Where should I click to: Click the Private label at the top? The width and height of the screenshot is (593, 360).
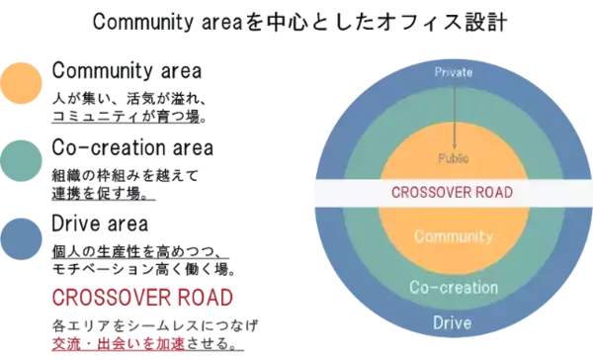pos(455,71)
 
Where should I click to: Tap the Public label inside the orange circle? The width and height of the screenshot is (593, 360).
pos(455,157)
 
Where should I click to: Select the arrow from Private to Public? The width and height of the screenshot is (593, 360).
pos(455,114)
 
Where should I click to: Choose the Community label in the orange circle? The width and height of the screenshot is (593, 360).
pos(455,236)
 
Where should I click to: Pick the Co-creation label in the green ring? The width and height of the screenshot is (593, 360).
pos(455,287)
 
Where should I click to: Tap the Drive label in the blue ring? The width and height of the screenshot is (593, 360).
pos(455,323)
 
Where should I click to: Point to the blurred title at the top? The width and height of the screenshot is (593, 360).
pos(296,22)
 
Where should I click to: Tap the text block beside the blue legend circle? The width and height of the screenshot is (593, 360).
pos(138,242)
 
